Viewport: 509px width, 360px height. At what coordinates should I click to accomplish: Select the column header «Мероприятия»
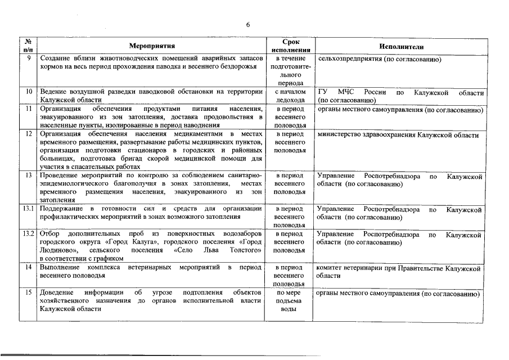pyautogui.click(x=152, y=46)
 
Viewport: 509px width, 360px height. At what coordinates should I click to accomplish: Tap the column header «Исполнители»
pyautogui.click(x=401, y=46)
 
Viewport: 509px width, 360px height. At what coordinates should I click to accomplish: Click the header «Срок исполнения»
pyautogui.click(x=290, y=46)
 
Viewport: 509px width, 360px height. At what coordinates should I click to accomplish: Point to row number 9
pyautogui.click(x=28, y=59)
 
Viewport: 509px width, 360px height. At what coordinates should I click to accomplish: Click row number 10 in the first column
pyautogui.click(x=28, y=91)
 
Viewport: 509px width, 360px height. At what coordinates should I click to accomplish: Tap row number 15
pyautogui.click(x=28, y=293)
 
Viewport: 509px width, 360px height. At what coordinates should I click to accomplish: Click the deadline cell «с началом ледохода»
pyautogui.click(x=290, y=96)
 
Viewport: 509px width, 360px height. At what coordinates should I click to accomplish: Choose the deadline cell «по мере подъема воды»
pyautogui.click(x=290, y=301)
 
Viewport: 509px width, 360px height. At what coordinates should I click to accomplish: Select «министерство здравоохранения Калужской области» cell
pyautogui.click(x=398, y=135)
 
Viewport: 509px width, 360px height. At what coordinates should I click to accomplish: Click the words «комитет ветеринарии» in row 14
pyautogui.click(x=350, y=269)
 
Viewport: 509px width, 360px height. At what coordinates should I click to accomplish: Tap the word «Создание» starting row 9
pyautogui.click(x=55, y=59)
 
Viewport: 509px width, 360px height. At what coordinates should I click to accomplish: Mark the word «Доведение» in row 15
pyautogui.click(x=57, y=293)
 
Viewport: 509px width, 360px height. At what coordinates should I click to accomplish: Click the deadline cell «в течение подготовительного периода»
pyautogui.click(x=290, y=71)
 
